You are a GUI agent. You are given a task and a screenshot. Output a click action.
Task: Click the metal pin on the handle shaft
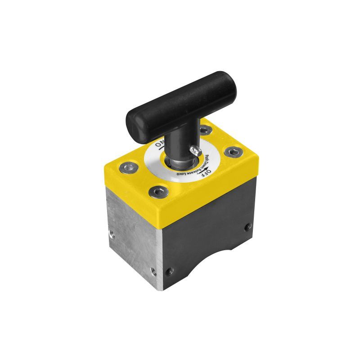point(194,150)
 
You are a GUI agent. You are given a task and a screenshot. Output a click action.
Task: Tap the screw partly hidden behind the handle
point(206,131)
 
